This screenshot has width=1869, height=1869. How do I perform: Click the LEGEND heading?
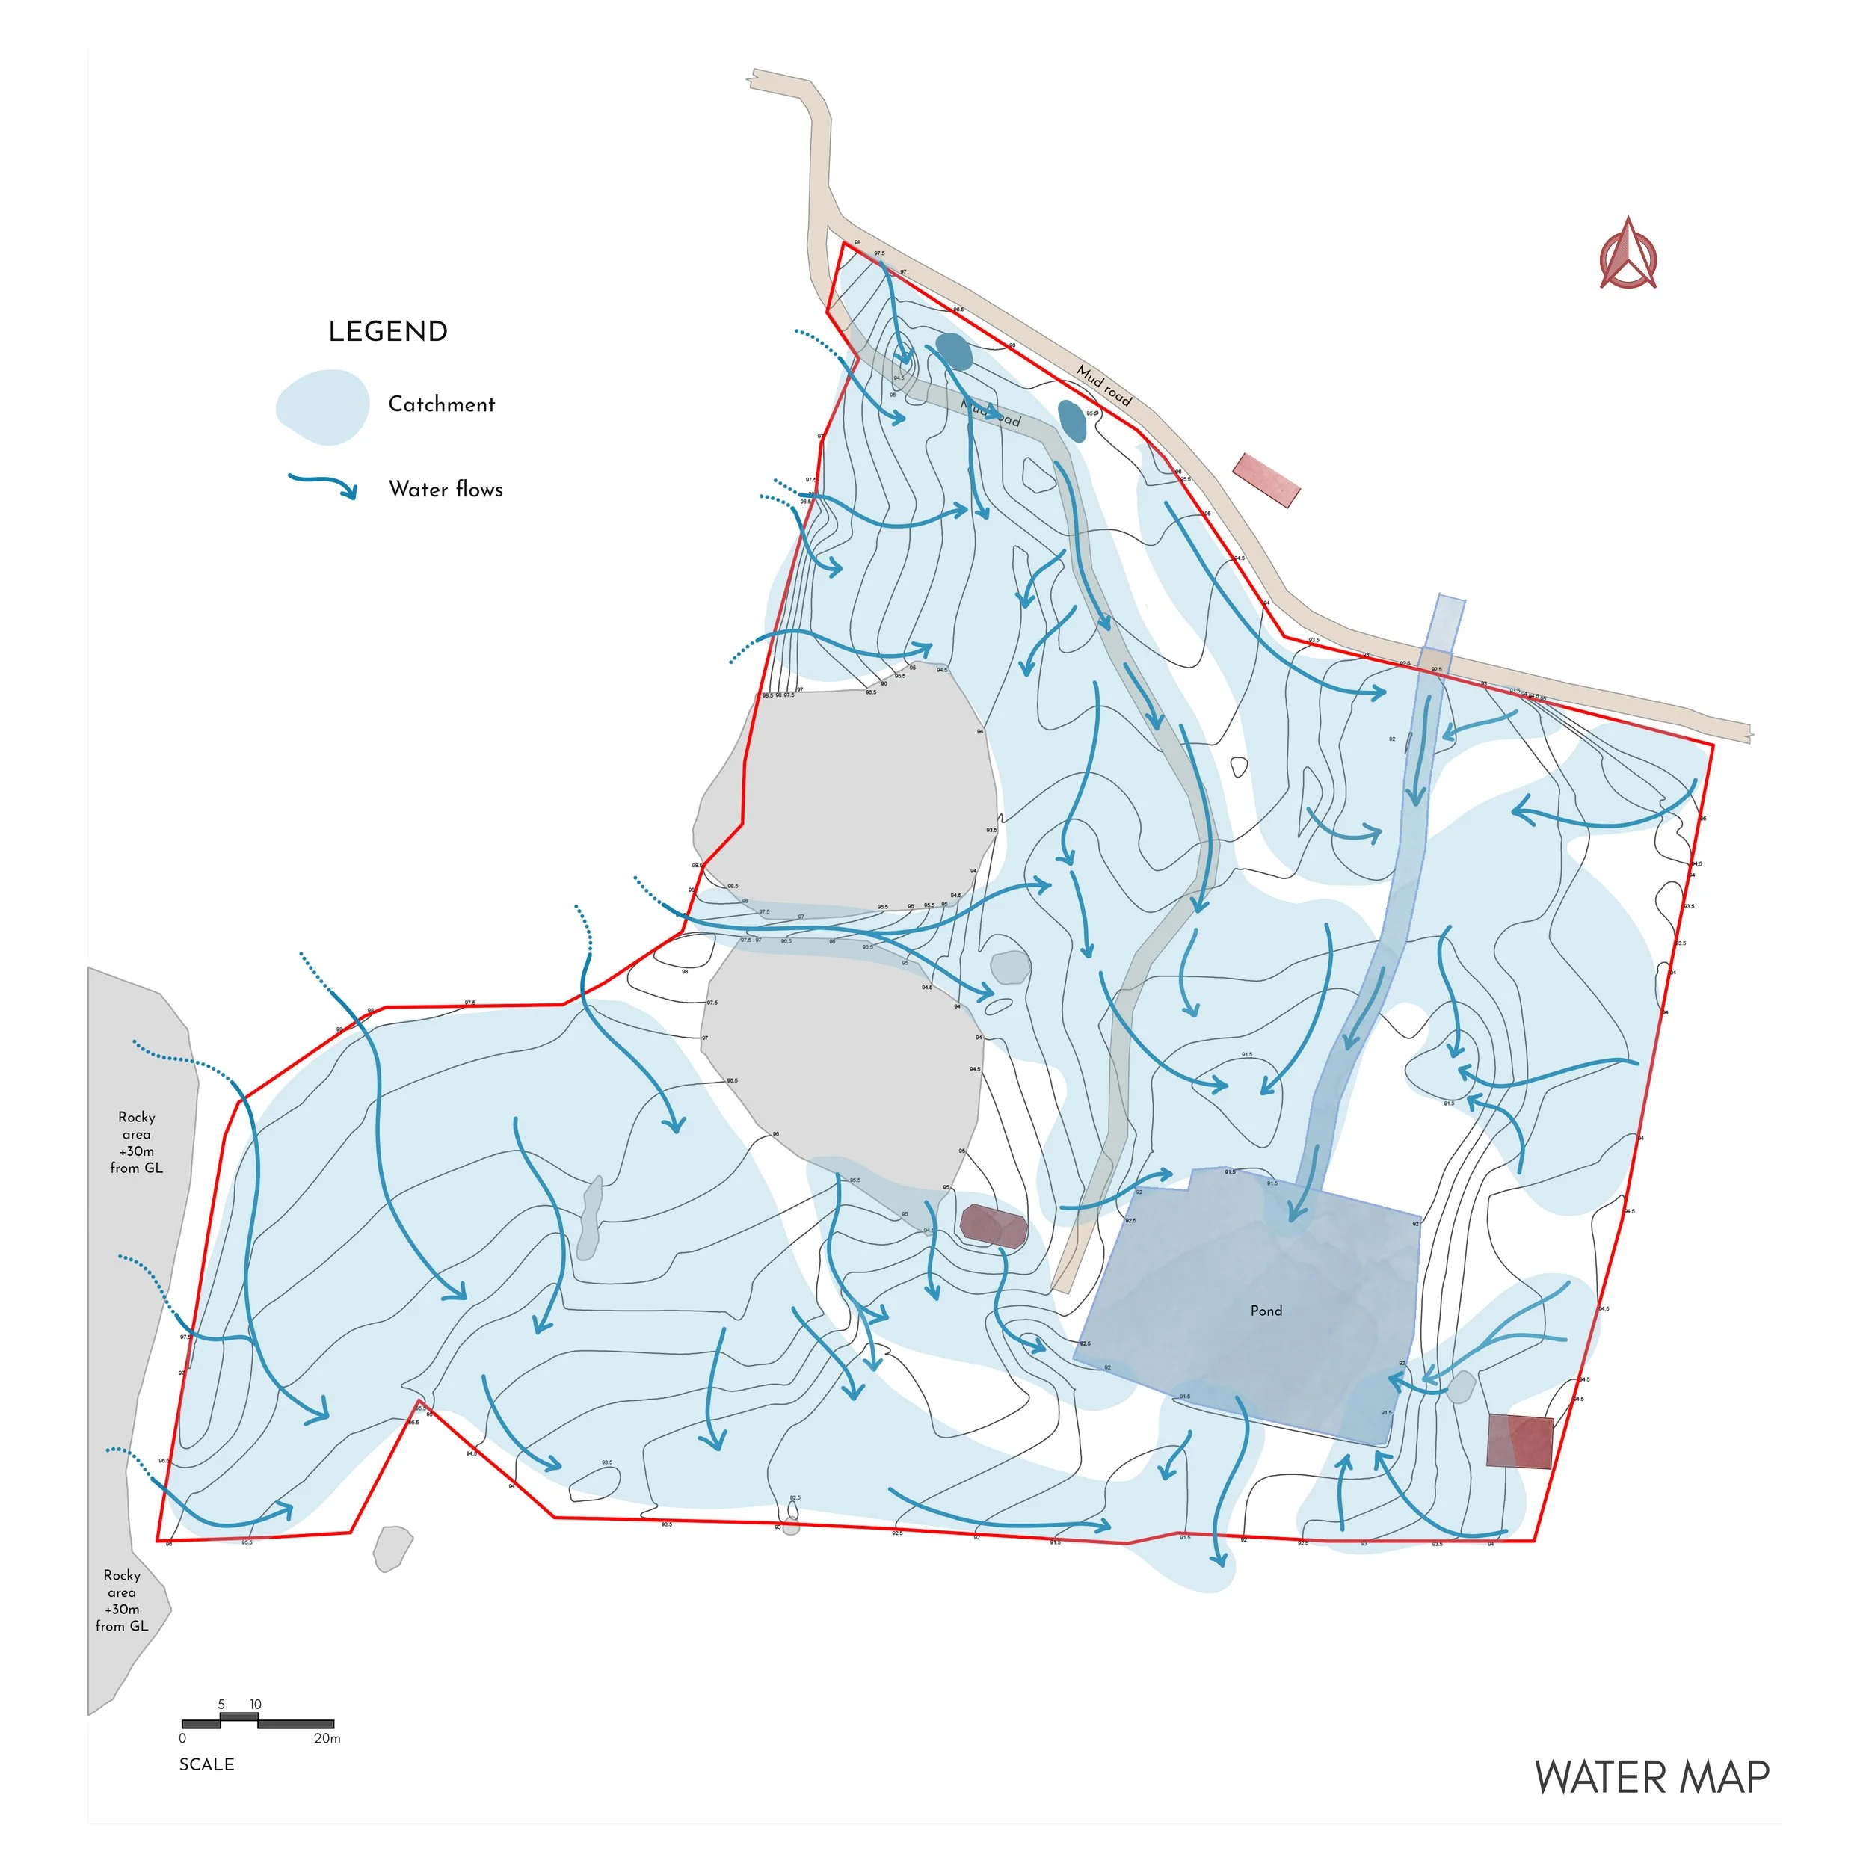388,332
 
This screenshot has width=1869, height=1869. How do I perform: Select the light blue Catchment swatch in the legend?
323,407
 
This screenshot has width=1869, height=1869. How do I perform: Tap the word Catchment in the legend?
441,404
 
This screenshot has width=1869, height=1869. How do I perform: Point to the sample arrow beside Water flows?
323,484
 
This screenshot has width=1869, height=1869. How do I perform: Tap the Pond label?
1266,1311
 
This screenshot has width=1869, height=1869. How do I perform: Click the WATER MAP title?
1651,1778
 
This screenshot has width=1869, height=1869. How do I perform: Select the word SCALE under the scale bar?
206,1764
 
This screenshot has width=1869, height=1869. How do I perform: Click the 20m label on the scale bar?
327,1738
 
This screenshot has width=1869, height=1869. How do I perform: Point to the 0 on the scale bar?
183,1738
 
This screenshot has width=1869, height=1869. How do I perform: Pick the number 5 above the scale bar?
221,1705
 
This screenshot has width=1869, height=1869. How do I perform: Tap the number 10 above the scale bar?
256,1705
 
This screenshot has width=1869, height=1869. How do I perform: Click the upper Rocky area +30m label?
136,1142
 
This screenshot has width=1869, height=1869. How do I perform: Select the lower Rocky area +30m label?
122,1601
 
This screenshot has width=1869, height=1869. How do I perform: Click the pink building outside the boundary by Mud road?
1266,481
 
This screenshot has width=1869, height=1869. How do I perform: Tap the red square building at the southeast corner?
1519,1441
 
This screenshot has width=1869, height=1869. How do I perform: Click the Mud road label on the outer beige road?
1103,385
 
